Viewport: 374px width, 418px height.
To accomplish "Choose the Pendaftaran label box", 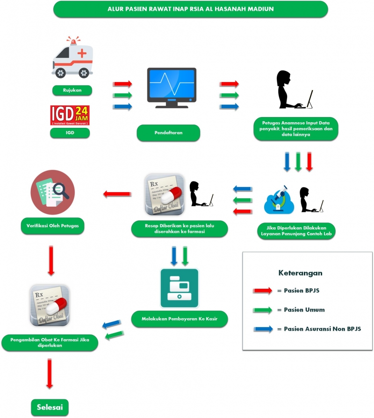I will click(168, 133).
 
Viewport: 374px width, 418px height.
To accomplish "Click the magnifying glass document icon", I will click(52, 192).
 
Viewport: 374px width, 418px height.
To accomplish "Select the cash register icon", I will click(179, 288).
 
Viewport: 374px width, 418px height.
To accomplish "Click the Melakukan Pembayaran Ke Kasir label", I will click(179, 320).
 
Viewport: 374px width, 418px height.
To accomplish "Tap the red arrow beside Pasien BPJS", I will click(262, 291).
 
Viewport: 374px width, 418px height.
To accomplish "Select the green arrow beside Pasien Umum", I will click(262, 310).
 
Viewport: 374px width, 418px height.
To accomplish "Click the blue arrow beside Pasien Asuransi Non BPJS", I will click(262, 329).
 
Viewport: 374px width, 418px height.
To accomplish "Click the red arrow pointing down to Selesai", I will click(50, 373).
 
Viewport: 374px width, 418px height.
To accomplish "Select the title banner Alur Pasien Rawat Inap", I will click(191, 8).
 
